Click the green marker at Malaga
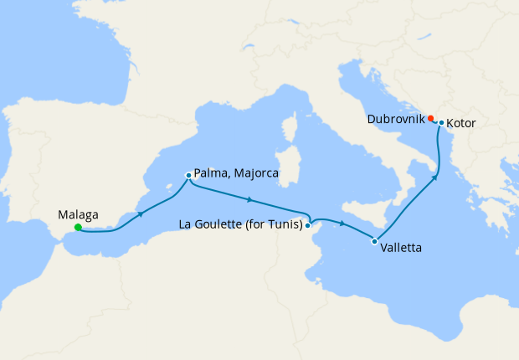(x=77, y=227)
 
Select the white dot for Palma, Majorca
(x=188, y=176)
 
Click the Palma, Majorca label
(x=235, y=175)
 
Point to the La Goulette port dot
(x=308, y=224)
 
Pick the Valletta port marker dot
(x=373, y=241)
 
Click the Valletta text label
(x=400, y=249)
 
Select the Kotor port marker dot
(x=441, y=123)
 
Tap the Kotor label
(x=461, y=123)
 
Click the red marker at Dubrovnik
(x=430, y=118)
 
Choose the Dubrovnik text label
(x=395, y=120)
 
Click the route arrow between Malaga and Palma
(x=140, y=214)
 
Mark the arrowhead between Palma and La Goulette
(x=249, y=199)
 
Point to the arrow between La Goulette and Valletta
(x=342, y=224)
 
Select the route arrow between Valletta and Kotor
(x=435, y=177)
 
